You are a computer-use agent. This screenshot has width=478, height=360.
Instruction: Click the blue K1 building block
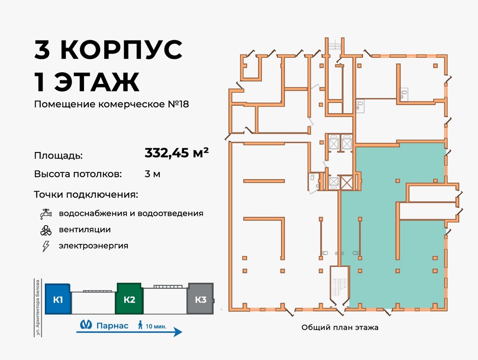(58, 299)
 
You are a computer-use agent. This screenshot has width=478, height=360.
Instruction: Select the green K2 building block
(129, 299)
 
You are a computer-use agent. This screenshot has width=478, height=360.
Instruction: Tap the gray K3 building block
(200, 299)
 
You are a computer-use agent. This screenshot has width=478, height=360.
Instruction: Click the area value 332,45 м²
(176, 153)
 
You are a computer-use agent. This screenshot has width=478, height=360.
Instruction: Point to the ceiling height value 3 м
(153, 174)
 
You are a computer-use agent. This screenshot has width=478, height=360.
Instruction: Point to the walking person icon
(140, 325)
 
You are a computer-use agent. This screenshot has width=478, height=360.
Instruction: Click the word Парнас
(112, 325)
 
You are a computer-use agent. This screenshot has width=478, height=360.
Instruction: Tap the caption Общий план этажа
(340, 328)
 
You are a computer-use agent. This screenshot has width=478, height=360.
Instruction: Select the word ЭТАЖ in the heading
(97, 82)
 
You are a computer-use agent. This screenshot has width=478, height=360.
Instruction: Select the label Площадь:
(58, 155)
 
